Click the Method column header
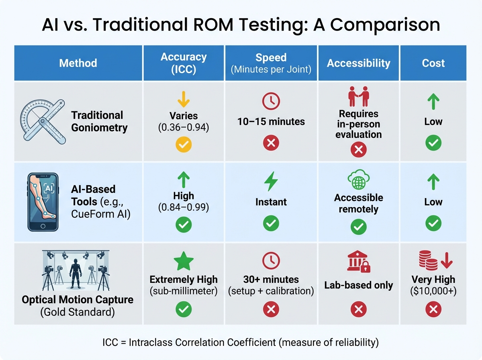pyautogui.click(x=78, y=63)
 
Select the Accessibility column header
pyautogui.click(x=358, y=63)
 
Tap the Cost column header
pyautogui.click(x=433, y=63)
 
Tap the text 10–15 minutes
pyautogui.click(x=271, y=121)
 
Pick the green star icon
pyautogui.click(x=184, y=262)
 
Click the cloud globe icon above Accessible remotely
pyautogui.click(x=358, y=181)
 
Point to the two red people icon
pyautogui.click(x=358, y=98)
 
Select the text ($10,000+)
pyautogui.click(x=433, y=291)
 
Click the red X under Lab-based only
pyautogui.click(x=358, y=309)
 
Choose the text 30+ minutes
pyautogui.click(x=271, y=279)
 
